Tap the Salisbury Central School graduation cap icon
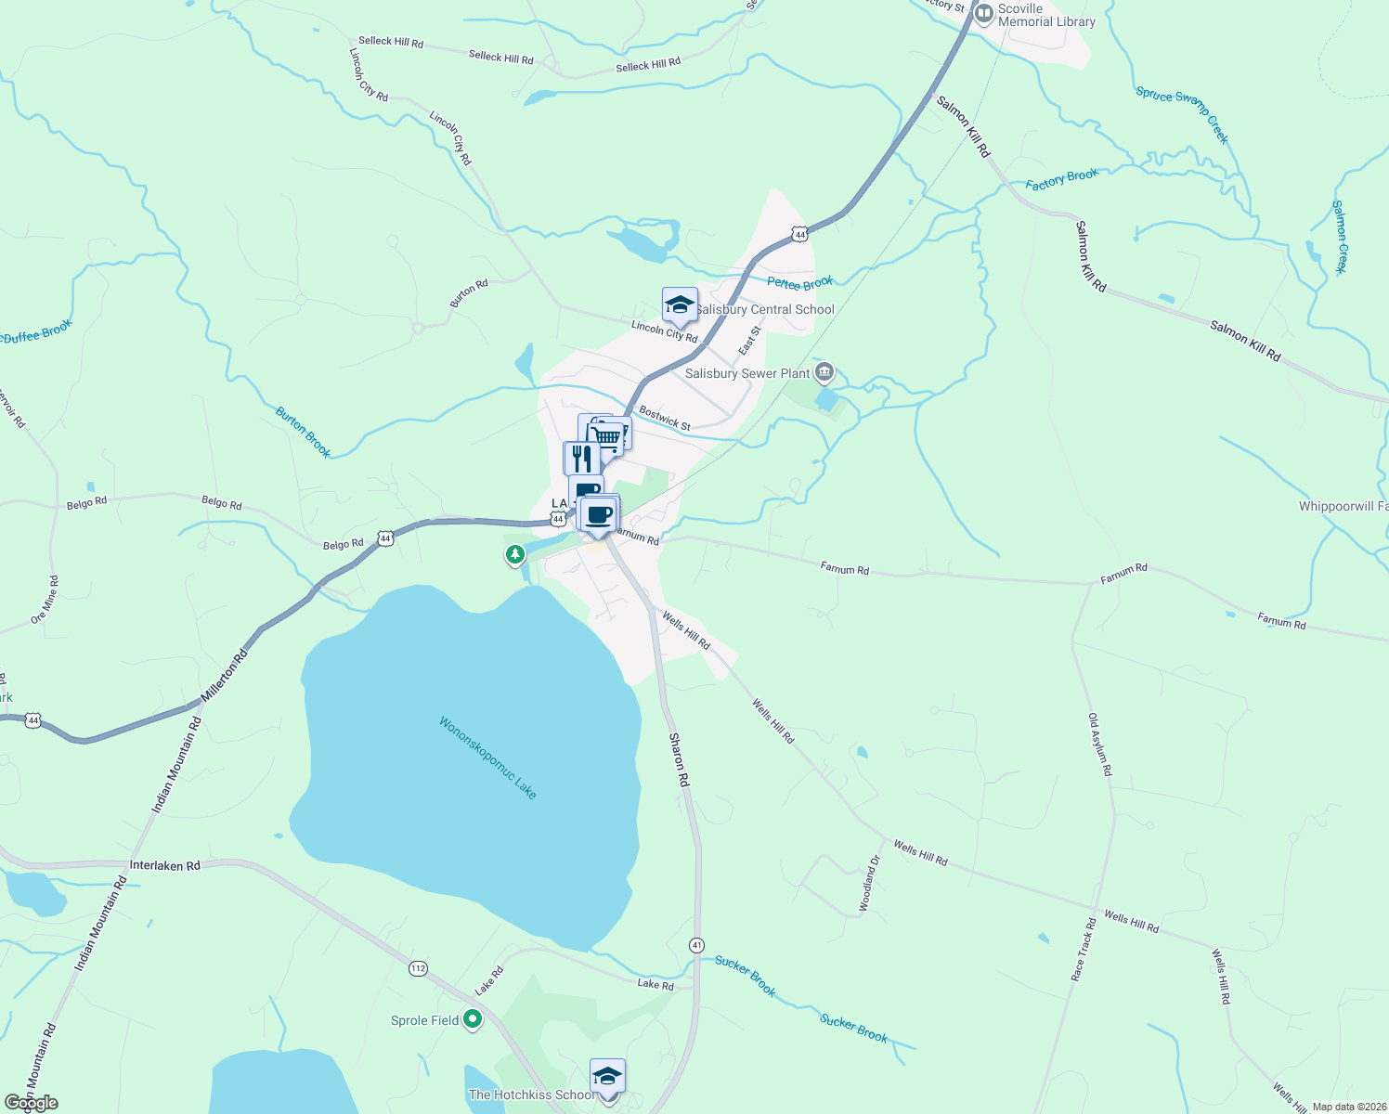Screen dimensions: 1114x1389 [x=680, y=304]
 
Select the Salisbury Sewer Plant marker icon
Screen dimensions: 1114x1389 [x=824, y=373]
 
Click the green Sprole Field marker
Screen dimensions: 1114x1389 [x=473, y=1019]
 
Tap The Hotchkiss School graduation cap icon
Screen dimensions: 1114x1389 [x=607, y=1077]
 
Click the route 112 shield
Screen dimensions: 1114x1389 [x=418, y=968]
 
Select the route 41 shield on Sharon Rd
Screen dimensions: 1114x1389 [x=696, y=944]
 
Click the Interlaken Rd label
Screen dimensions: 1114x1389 [x=164, y=865]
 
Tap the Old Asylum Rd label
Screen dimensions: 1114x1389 [x=1100, y=745]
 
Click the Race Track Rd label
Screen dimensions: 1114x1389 [x=1084, y=950]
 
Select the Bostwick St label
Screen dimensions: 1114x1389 [x=665, y=419]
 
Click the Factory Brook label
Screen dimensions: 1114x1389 [x=1061, y=179]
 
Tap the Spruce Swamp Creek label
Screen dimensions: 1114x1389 [x=1183, y=114]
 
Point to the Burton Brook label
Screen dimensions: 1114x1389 [x=303, y=432]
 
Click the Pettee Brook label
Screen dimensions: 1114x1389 [x=799, y=283]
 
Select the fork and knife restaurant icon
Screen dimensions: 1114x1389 [x=581, y=458]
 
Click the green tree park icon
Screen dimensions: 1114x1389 [x=515, y=554]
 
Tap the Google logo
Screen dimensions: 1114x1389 [x=32, y=1103]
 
